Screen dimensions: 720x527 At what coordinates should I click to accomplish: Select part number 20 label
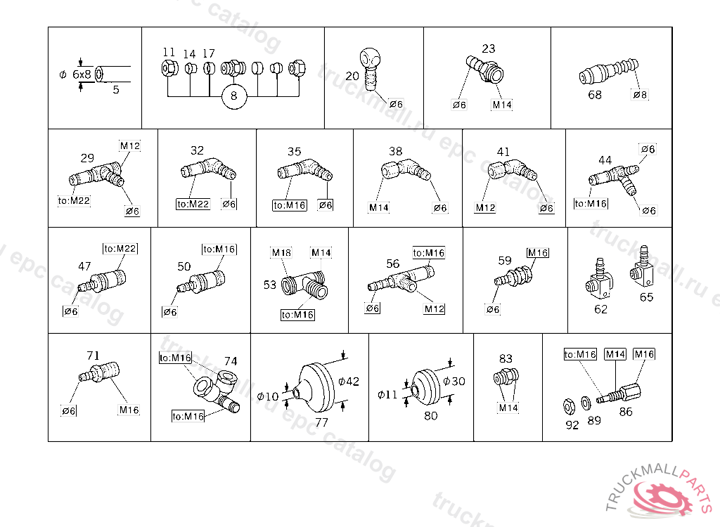pyautogui.click(x=352, y=75)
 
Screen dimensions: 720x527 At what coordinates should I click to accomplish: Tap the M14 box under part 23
pyautogui.click(x=502, y=105)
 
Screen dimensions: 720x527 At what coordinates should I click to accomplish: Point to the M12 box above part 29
pyautogui.click(x=130, y=146)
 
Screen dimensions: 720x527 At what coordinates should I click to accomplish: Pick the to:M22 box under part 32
pyautogui.click(x=193, y=204)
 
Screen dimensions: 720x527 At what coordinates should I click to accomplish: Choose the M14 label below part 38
pyautogui.click(x=378, y=208)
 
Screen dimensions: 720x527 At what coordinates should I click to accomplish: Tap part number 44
pyautogui.click(x=605, y=160)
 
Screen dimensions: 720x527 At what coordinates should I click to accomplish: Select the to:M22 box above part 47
pyautogui.click(x=120, y=248)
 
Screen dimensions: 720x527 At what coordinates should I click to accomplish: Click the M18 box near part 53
pyautogui.click(x=281, y=252)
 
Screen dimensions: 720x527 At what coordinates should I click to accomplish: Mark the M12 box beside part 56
pyautogui.click(x=434, y=309)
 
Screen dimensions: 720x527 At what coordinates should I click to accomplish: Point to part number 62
pyautogui.click(x=600, y=308)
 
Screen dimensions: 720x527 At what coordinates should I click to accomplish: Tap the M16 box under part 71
pyautogui.click(x=129, y=410)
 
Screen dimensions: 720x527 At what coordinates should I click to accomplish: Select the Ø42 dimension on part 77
pyautogui.click(x=348, y=382)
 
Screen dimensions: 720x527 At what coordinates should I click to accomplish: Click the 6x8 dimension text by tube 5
pyautogui.click(x=82, y=74)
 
